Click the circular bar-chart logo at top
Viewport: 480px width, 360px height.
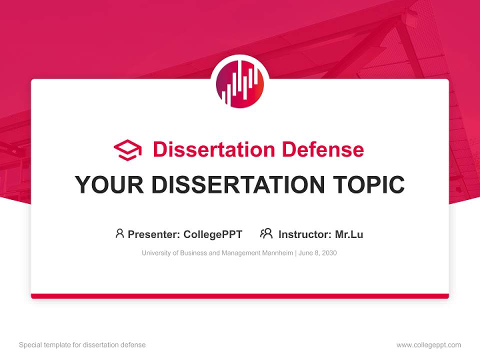coord(240,84)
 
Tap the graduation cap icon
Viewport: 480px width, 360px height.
coord(127,150)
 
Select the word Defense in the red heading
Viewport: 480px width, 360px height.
coord(322,149)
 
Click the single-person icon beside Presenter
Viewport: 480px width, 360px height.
coord(119,233)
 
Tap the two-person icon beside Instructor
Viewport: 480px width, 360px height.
coord(266,233)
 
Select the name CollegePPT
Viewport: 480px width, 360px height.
coord(212,234)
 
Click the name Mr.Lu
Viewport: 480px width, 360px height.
coord(349,234)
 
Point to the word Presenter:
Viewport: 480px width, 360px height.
coord(154,234)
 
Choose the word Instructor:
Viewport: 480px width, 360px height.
coord(304,234)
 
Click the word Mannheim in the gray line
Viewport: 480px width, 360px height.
coord(277,253)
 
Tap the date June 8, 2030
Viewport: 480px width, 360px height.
coord(318,253)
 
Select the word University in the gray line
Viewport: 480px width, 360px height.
coord(155,253)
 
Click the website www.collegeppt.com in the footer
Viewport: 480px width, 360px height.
coord(428,345)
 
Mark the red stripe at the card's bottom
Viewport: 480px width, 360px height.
coord(240,296)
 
